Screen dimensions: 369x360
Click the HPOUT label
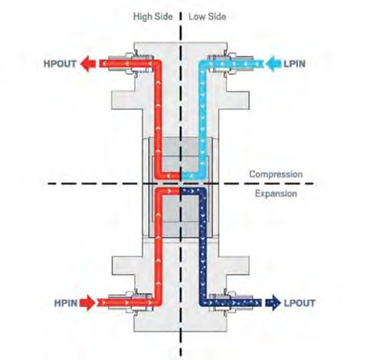(60, 64)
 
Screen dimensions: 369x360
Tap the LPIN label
(295, 64)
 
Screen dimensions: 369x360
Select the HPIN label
(66, 303)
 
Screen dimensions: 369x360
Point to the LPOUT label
(300, 303)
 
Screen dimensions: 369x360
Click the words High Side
(153, 17)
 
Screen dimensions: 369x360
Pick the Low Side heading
(207, 17)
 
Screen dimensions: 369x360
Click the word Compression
(276, 174)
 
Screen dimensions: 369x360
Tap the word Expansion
(276, 194)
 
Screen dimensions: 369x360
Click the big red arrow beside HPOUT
(88, 64)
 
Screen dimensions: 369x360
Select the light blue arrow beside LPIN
(273, 64)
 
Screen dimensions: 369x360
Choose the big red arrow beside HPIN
(88, 303)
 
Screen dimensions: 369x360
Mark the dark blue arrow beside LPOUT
(273, 303)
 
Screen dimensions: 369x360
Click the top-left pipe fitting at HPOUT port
(131, 64)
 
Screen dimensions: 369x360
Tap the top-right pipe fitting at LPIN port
(230, 64)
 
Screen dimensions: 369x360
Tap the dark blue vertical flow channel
(203, 246)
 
